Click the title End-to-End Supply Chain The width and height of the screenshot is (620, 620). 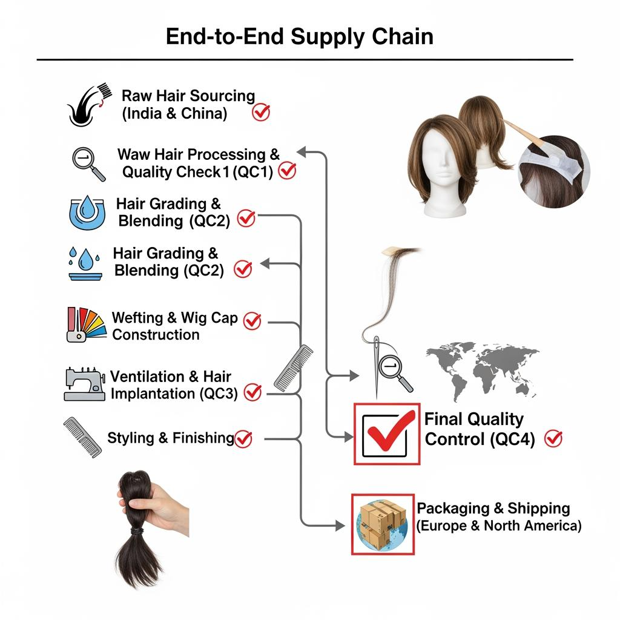point(300,36)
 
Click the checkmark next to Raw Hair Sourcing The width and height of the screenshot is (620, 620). point(261,112)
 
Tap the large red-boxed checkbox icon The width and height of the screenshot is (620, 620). point(387,434)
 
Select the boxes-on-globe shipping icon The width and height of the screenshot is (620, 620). point(383,524)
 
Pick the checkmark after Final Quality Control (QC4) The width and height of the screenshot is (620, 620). point(553,438)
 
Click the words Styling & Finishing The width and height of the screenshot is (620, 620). point(170,438)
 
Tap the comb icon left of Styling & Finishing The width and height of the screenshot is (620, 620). point(82,437)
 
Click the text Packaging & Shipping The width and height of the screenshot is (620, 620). point(493,508)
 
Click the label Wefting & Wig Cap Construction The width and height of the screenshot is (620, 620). point(174,326)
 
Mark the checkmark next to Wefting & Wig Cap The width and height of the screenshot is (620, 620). point(252,322)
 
